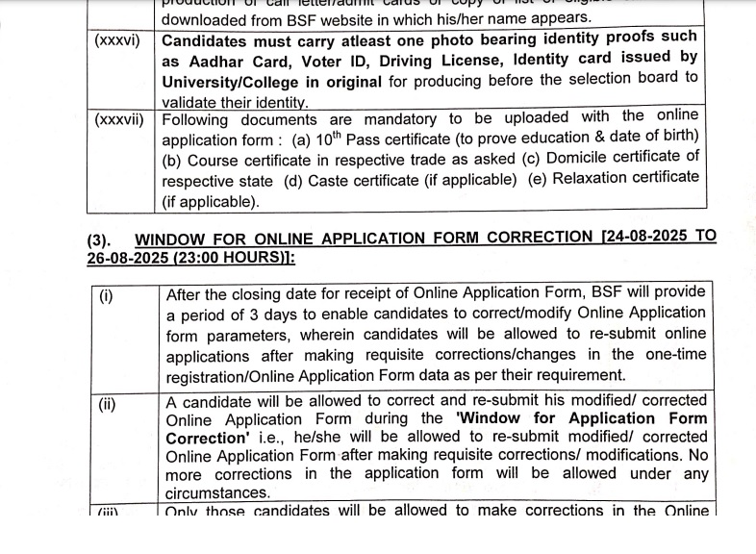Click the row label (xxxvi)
tap(117, 40)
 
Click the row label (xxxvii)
tap(119, 119)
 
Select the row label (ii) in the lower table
tap(107, 403)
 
